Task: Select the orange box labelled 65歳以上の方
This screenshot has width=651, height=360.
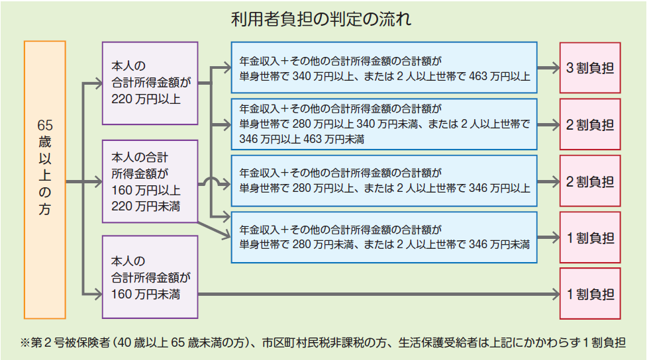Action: pos(45,179)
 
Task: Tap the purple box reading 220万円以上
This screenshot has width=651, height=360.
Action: pos(150,83)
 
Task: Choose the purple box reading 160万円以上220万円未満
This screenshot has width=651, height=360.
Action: pos(150,181)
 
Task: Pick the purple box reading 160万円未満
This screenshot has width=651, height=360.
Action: pos(150,276)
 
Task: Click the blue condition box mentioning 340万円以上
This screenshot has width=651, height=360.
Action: pos(383,69)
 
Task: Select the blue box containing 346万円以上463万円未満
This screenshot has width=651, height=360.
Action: pos(383,124)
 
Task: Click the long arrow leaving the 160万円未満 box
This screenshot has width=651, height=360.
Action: pos(377,293)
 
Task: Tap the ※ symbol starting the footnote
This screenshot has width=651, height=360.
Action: pos(26,343)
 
